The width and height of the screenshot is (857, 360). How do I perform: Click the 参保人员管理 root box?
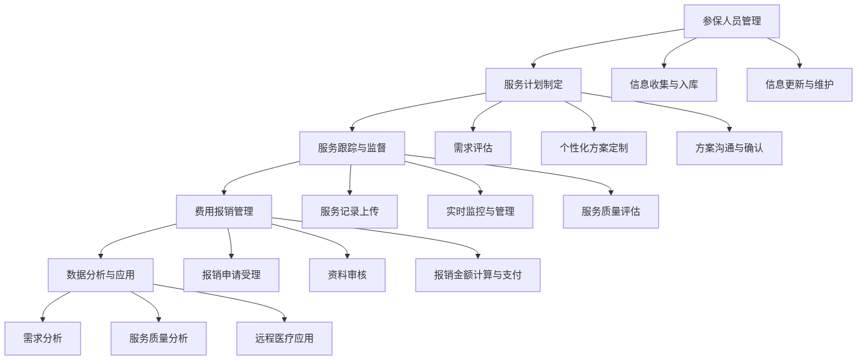click(731, 21)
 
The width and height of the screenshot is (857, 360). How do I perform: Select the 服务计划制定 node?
click(533, 85)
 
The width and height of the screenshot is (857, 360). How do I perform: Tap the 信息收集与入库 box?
click(664, 85)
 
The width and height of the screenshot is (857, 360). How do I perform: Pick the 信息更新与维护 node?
click(799, 85)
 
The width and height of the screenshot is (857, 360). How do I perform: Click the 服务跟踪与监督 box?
click(352, 148)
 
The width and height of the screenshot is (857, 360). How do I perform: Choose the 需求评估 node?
click(472, 148)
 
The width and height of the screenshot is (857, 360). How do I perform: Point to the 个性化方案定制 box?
click(593, 148)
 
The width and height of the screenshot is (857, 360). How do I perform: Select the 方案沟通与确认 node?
click(729, 148)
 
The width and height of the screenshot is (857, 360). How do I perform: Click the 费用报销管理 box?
click(223, 212)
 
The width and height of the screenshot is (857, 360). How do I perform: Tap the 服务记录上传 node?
click(349, 212)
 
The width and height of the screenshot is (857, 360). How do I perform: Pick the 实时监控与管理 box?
click(480, 212)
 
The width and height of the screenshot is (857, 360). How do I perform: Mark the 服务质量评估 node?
click(610, 212)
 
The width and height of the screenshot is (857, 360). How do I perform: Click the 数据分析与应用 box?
click(100, 275)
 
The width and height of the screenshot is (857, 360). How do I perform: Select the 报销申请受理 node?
click(231, 275)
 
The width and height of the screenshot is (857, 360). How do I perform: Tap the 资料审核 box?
click(347, 275)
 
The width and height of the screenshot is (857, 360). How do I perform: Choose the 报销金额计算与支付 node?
click(477, 275)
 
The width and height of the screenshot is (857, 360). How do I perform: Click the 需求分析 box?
click(42, 339)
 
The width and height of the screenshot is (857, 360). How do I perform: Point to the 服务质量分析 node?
click(158, 339)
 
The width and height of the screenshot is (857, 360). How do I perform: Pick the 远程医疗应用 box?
click(284, 339)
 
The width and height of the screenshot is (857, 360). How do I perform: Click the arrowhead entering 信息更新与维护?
click(799, 65)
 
